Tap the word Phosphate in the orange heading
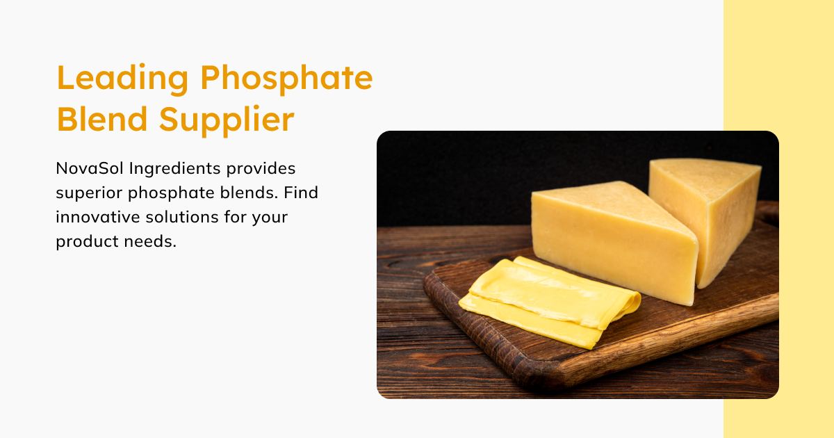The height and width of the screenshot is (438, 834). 286,78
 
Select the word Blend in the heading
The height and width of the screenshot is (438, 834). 101,120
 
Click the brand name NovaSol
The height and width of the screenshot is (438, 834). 88,169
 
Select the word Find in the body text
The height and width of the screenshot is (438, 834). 302,193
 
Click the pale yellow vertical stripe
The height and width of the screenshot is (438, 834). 778,70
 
